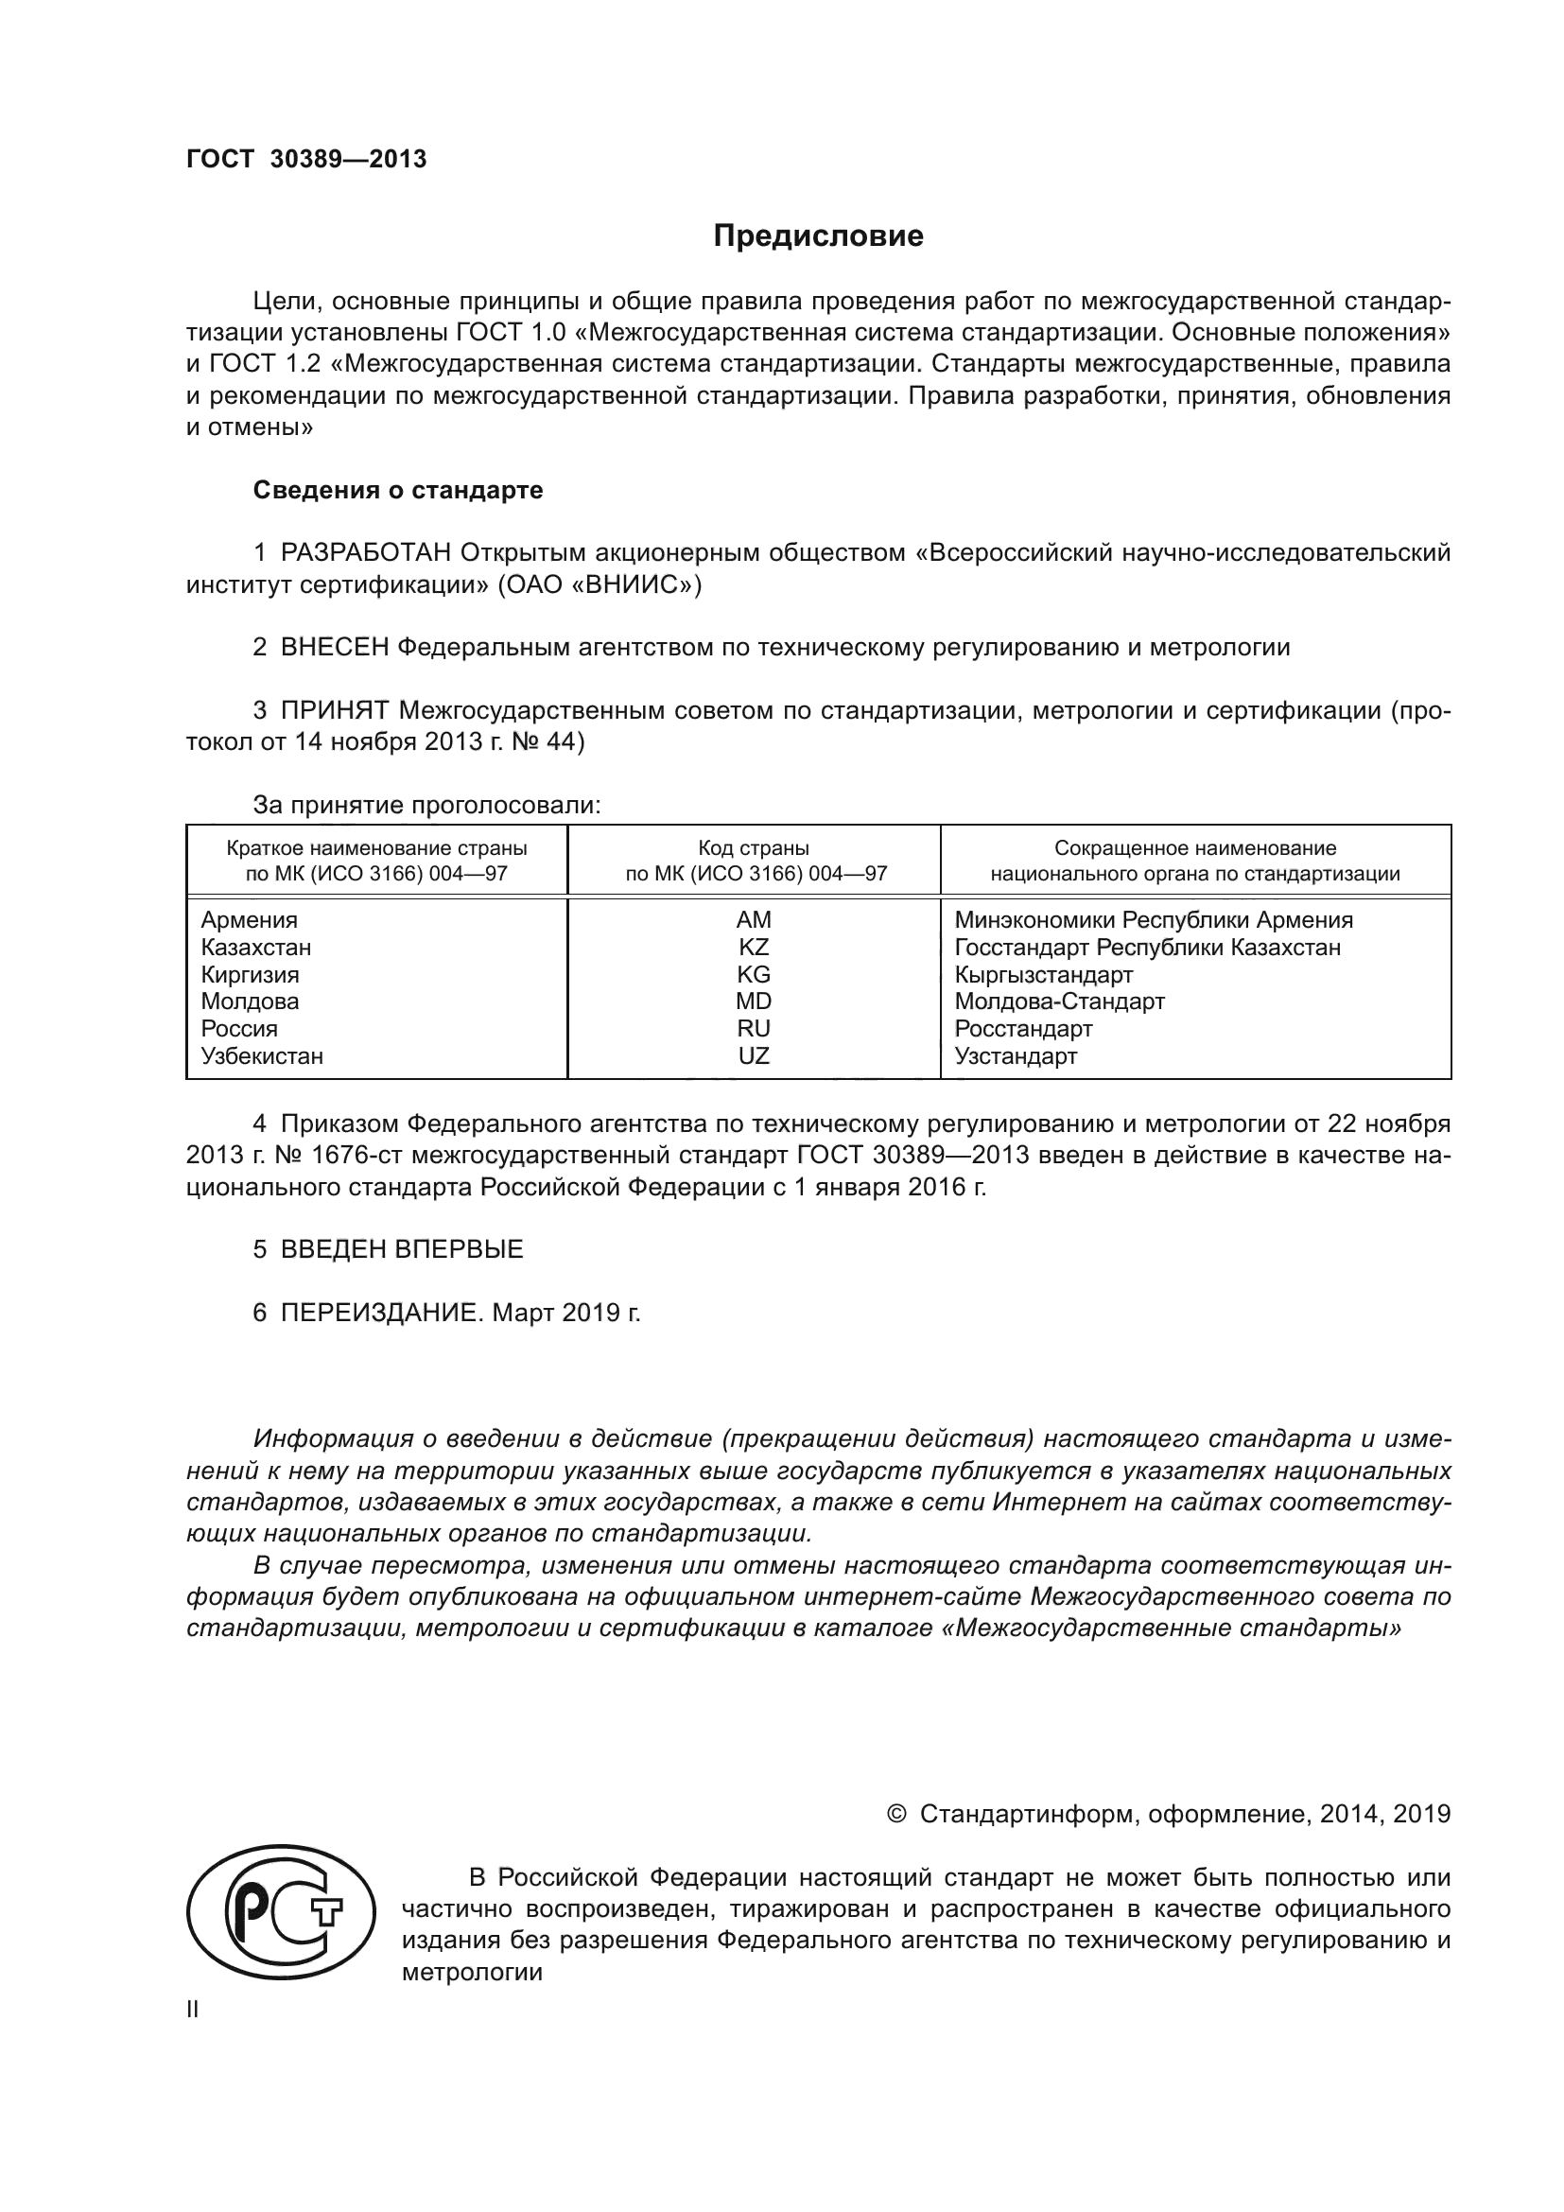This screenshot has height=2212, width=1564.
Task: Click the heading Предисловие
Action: tap(818, 236)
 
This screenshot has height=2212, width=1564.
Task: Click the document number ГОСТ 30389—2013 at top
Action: tap(306, 160)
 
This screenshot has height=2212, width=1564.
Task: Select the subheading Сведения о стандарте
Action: tap(398, 491)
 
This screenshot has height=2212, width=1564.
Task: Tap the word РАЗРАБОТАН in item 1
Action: tap(366, 553)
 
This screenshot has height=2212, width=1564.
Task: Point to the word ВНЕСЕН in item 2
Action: tap(334, 648)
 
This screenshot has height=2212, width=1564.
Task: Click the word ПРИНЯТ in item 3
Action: tap(334, 711)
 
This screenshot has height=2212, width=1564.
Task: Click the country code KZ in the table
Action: tap(753, 947)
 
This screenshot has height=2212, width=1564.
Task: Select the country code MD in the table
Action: tap(753, 1001)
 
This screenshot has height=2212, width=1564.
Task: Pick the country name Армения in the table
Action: tap(250, 920)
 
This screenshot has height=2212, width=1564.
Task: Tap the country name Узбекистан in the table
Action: tap(262, 1056)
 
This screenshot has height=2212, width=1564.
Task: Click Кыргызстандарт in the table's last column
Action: tap(1044, 974)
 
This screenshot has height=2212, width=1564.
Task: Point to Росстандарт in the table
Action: tap(1024, 1029)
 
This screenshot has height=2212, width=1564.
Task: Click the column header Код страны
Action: tap(753, 848)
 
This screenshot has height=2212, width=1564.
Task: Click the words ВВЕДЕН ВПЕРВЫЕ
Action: tap(402, 1249)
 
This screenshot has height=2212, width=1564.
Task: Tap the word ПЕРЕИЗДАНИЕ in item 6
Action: tap(379, 1313)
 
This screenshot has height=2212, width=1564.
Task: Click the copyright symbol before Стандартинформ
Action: tap(895, 1814)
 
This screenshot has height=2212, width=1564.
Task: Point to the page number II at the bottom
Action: tap(193, 2010)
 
